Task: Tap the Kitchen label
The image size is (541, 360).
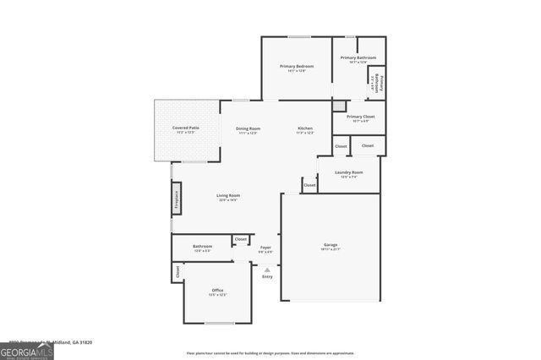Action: (305, 128)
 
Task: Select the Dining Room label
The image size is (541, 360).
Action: (248, 128)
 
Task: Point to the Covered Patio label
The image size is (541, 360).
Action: (186, 128)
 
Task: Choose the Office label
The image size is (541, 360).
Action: (217, 291)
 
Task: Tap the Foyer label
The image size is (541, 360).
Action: (265, 248)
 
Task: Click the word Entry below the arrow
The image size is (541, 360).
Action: (267, 276)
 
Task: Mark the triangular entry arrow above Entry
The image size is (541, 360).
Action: (267, 269)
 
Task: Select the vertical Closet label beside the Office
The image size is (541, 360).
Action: (178, 272)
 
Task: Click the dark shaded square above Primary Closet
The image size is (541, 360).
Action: (339, 106)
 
